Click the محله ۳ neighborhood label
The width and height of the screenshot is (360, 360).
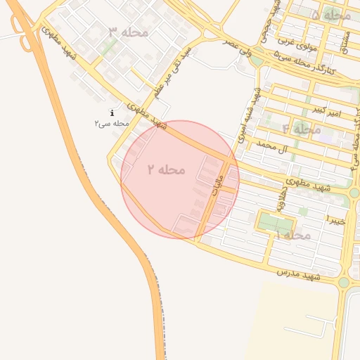[x=129, y=32]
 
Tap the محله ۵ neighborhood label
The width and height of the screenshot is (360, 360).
[x=330, y=15]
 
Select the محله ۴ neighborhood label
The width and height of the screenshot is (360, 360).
[x=302, y=129]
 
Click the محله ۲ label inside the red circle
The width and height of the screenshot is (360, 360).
[x=167, y=169]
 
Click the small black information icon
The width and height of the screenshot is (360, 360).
[x=112, y=113]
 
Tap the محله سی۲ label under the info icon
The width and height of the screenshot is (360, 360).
[x=112, y=123]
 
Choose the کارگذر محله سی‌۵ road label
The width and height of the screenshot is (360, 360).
[x=304, y=64]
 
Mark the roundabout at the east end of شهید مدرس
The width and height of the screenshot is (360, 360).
[x=343, y=283]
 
